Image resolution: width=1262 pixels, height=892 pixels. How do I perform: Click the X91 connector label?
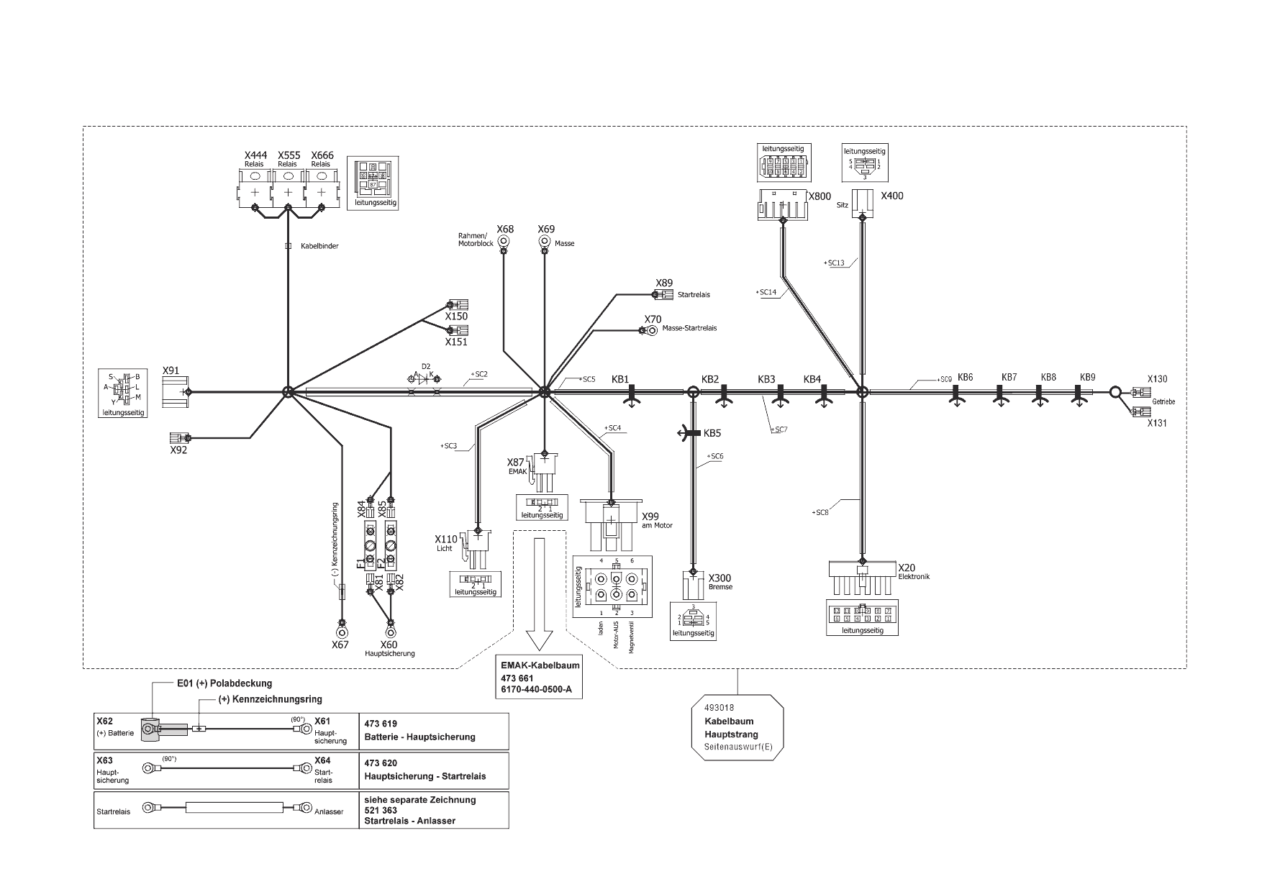pos(171,370)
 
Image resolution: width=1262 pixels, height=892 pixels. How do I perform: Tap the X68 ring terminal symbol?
pos(505,242)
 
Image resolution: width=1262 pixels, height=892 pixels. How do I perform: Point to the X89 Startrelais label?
pos(664,283)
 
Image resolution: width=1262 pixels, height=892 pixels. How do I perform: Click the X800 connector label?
pos(820,196)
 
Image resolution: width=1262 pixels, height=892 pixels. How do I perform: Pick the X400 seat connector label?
pos(892,196)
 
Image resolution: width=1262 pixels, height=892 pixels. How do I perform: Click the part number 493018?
pos(719,708)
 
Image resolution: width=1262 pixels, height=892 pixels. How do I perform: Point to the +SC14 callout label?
pos(767,292)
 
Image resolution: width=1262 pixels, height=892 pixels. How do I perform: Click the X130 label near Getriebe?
pos(1157,379)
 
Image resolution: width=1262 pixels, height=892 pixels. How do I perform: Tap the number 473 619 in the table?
pos(381,724)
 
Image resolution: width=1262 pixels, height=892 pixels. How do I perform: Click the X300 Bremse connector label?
pos(719,578)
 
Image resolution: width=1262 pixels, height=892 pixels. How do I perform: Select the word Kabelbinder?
pos(319,246)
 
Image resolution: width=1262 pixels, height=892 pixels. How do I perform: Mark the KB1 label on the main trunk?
pos(620,379)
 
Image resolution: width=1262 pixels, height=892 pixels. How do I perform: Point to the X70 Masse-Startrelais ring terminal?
pos(651,330)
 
